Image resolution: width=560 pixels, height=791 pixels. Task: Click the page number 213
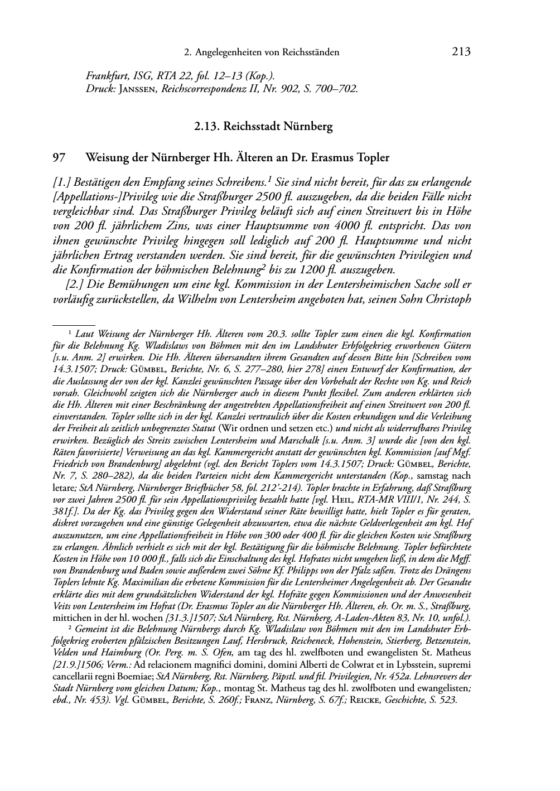(461, 52)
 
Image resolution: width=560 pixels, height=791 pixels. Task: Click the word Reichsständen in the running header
(311, 52)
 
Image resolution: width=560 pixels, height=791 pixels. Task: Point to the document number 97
(59, 158)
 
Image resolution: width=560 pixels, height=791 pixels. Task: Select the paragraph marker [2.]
(75, 284)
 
